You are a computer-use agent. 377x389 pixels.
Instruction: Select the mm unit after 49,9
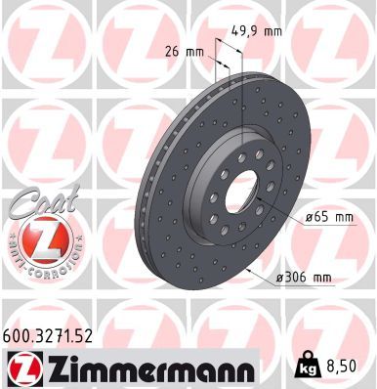tap(272, 30)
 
